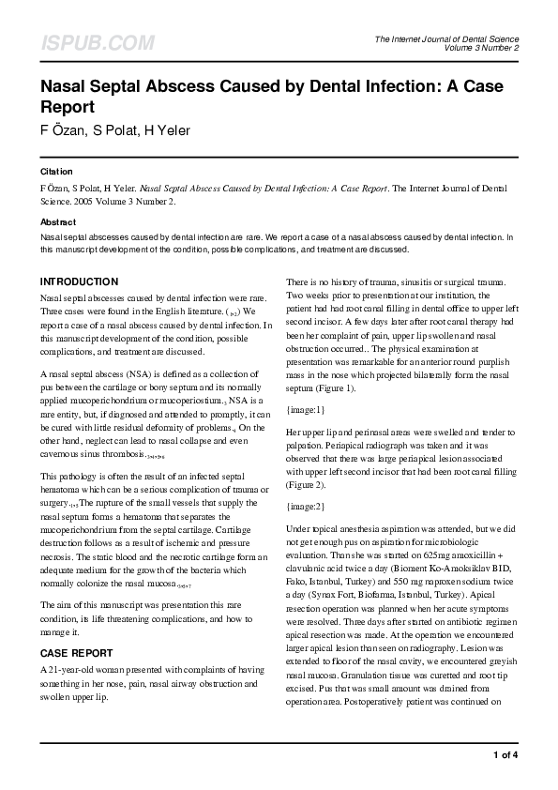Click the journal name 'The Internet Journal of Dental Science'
tap(446, 38)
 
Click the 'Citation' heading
tap(55, 173)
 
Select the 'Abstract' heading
tap(57, 222)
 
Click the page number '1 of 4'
tap(505, 754)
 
